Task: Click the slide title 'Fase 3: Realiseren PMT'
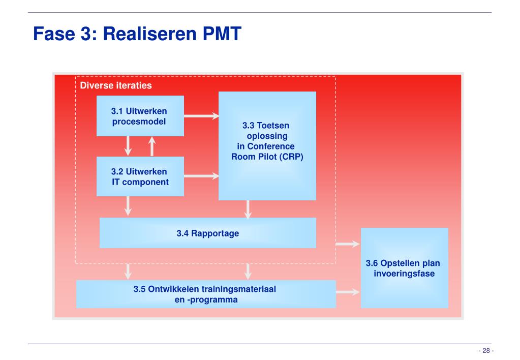tap(137, 35)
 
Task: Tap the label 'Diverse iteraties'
tap(116, 85)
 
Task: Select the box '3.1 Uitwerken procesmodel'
tap(140, 116)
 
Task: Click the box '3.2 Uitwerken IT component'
tap(140, 176)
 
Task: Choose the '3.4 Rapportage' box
tap(207, 233)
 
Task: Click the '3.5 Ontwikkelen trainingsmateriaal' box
tap(206, 294)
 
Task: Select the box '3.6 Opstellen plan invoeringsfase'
tap(404, 267)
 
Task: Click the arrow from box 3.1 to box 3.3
tap(201, 116)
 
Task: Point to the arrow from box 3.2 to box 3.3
tap(201, 176)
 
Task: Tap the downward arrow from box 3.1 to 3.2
tap(129, 146)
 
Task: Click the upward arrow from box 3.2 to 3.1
tap(152, 146)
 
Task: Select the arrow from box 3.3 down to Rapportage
tap(248, 209)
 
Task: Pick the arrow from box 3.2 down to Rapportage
tap(129, 206)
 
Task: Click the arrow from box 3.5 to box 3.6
tap(348, 292)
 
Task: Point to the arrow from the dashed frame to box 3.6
tap(348, 244)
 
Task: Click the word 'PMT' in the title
tap(221, 35)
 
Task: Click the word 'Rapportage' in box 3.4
tap(215, 233)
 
